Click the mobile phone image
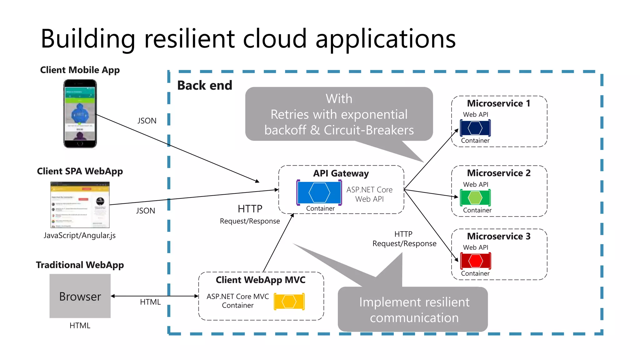click(x=80, y=113)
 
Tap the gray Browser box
click(x=80, y=296)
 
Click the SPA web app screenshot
click(x=80, y=205)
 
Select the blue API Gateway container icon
click(x=319, y=192)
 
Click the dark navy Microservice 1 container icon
click(x=475, y=128)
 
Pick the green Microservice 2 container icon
click(x=475, y=197)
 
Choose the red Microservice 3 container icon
click(x=475, y=261)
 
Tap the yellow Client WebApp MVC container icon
click(x=289, y=302)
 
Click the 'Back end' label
click(x=205, y=85)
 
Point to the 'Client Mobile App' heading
click(x=80, y=70)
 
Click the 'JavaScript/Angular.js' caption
click(x=80, y=235)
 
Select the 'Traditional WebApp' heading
click(x=80, y=265)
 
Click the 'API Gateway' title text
click(x=341, y=173)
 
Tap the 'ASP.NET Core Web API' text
click(x=369, y=194)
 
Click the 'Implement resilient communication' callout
click(x=414, y=310)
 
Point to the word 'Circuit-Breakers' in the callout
click(x=369, y=130)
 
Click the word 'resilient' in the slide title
click(x=189, y=39)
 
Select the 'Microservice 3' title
click(x=499, y=236)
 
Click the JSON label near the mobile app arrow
click(x=147, y=121)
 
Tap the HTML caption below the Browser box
click(x=80, y=326)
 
